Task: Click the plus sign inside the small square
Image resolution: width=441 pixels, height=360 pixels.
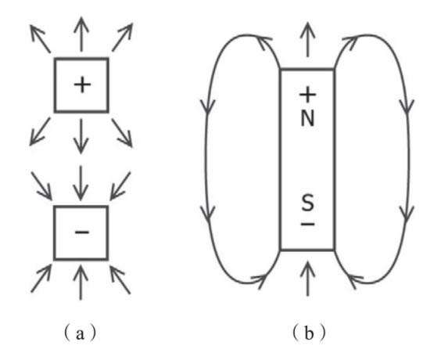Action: [x=82, y=85]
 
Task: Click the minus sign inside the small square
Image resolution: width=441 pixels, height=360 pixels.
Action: [x=82, y=232]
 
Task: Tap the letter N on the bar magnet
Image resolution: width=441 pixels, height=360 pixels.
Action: [x=307, y=118]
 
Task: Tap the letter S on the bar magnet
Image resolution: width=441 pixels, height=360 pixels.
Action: [x=307, y=203]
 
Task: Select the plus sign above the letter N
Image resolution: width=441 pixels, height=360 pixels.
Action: [x=307, y=95]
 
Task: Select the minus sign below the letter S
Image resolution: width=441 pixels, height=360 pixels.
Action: [x=308, y=224]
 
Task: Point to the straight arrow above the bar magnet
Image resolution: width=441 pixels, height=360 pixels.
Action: [x=308, y=40]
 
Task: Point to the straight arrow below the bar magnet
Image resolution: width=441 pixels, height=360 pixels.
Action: [x=307, y=279]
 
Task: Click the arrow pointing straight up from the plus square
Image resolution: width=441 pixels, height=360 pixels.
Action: [x=81, y=34]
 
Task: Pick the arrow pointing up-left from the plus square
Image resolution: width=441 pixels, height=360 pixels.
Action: [x=40, y=38]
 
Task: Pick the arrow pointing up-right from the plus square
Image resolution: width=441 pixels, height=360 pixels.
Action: [x=122, y=38]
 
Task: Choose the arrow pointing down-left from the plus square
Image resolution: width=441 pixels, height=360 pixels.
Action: [x=40, y=131]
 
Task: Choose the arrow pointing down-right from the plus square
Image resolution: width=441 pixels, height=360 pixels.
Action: [x=122, y=133]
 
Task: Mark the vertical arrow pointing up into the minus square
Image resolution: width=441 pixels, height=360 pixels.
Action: [x=81, y=283]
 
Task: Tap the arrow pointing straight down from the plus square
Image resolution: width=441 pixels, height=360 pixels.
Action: [x=81, y=136]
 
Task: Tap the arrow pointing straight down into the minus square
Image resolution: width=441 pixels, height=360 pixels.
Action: [x=81, y=183]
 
